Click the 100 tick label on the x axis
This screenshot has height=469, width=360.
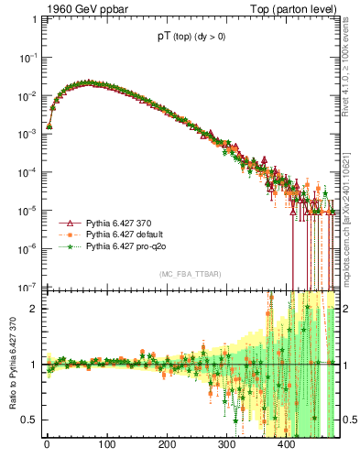[x=106, y=445]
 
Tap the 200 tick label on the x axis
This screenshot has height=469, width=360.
[x=167, y=445]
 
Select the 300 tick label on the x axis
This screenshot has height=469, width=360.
[x=226, y=445]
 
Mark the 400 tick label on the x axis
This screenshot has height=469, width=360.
[x=287, y=445]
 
